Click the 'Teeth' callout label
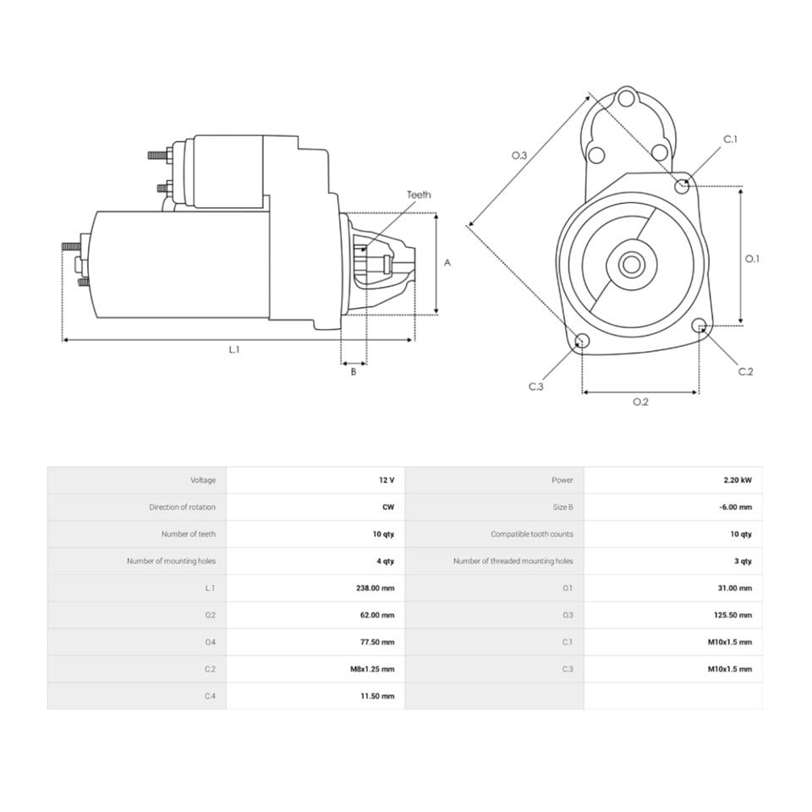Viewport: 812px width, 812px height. pos(419,195)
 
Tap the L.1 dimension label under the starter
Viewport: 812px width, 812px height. pos(234,349)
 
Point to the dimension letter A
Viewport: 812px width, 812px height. pos(447,263)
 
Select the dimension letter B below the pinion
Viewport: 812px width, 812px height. pos(354,371)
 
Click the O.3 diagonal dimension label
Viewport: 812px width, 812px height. pos(518,156)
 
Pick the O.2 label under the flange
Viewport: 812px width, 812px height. pos(640,402)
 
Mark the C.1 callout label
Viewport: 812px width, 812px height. pos(730,139)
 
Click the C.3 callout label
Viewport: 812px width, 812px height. pos(536,387)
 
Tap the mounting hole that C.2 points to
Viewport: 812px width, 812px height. pos(699,325)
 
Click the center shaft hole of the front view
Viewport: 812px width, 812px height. pos(631,264)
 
